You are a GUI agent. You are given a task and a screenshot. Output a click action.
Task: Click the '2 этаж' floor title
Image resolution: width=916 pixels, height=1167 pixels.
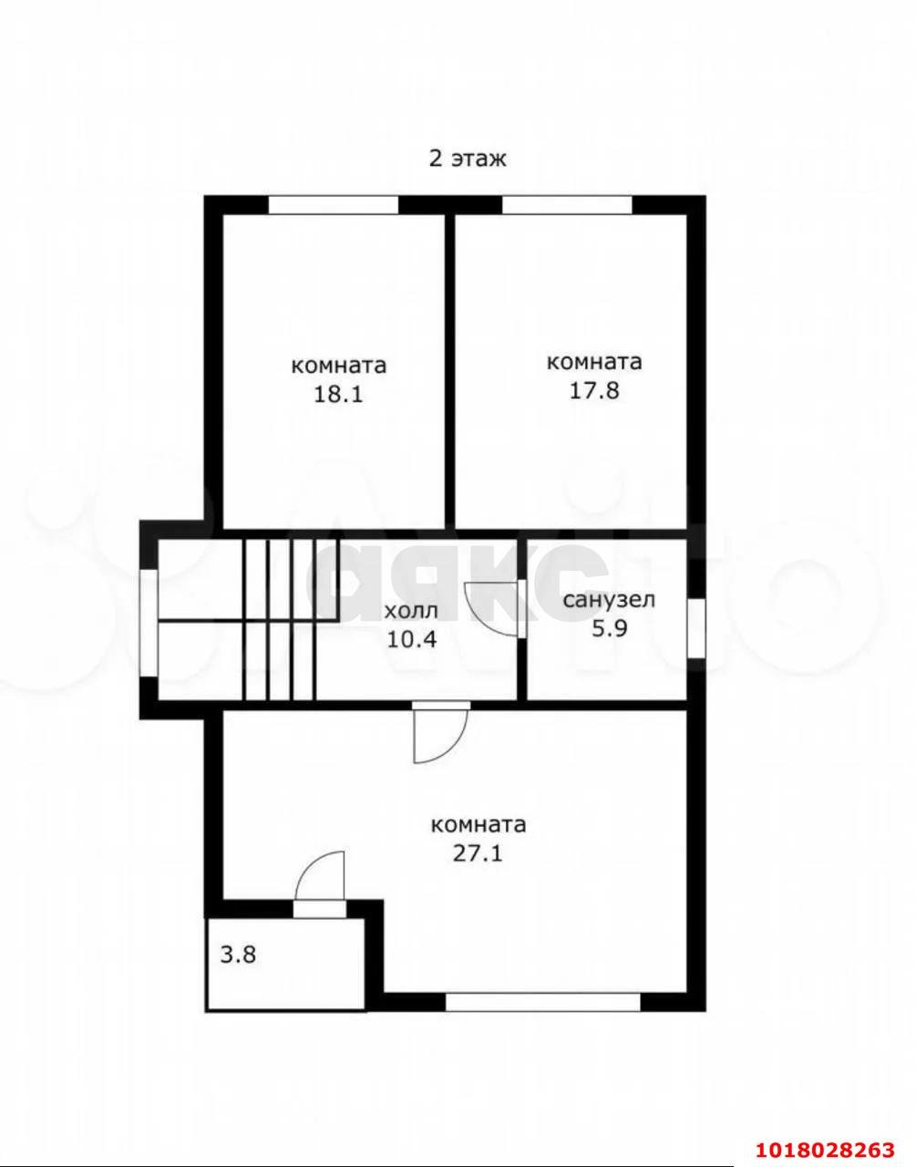[x=467, y=159]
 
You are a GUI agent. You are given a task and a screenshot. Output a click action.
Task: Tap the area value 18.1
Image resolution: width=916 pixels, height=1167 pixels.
[x=338, y=395]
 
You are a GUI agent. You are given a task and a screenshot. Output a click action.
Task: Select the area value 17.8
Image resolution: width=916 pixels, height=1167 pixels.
[x=594, y=390]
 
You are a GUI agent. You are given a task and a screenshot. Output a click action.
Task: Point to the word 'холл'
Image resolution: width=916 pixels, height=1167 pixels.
[x=412, y=611]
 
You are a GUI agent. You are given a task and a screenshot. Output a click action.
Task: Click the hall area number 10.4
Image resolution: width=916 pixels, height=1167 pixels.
[x=412, y=639]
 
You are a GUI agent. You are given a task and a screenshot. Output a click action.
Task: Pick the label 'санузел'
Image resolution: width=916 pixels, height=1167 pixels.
[x=609, y=599]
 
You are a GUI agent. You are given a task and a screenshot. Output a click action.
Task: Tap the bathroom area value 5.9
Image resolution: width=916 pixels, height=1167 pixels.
[x=610, y=628]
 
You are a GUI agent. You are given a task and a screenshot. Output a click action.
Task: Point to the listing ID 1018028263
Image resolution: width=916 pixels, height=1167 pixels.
[x=826, y=1145]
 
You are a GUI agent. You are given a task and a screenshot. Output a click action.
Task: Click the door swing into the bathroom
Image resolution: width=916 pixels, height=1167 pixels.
[x=494, y=608]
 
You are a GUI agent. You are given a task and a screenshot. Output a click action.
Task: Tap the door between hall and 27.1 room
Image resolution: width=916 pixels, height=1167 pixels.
[x=441, y=731]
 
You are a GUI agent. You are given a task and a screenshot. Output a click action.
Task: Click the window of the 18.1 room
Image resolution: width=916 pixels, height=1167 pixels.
[x=334, y=205]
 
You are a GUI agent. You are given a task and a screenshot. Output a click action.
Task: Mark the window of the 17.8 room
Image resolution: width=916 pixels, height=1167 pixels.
[x=567, y=205]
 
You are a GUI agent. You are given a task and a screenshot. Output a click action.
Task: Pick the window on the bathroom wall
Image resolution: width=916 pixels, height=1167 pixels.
[x=696, y=628]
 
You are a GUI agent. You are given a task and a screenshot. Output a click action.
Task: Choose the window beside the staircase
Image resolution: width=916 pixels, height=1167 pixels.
[x=149, y=624]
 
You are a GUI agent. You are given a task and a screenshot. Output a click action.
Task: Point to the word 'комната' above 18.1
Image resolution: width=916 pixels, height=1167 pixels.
[x=339, y=367]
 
